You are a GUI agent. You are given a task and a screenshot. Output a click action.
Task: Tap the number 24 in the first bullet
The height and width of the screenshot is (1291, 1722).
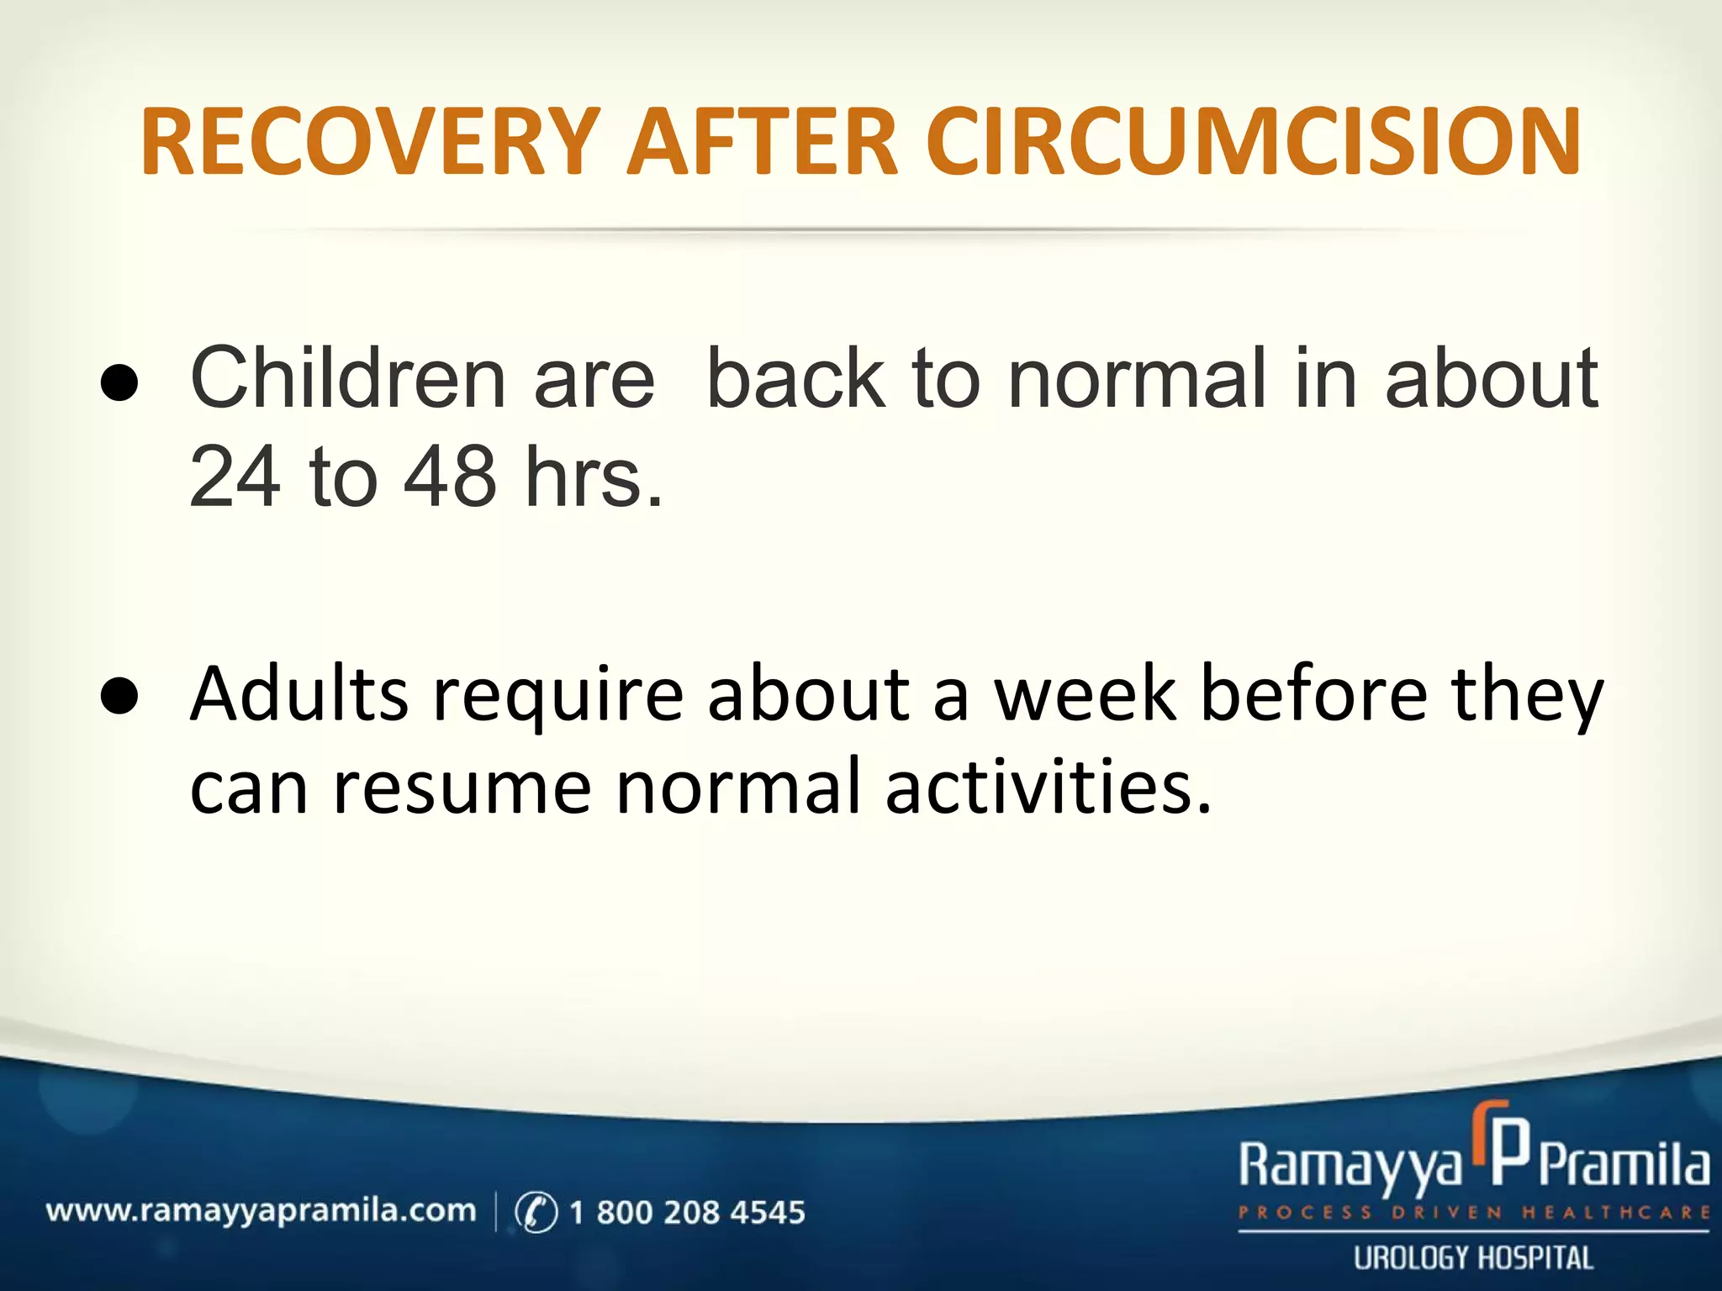(x=235, y=477)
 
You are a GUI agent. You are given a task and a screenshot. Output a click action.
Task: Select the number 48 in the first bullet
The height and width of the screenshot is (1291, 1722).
(x=451, y=477)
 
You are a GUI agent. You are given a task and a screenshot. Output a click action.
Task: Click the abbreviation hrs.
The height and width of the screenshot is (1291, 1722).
(x=594, y=477)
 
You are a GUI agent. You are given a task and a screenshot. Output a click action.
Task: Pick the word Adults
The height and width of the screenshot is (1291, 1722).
(x=299, y=694)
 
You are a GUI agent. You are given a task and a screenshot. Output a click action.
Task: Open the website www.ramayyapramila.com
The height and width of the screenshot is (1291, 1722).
(x=261, y=1211)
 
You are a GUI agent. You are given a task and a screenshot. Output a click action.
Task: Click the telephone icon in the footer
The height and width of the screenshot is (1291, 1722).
(x=536, y=1212)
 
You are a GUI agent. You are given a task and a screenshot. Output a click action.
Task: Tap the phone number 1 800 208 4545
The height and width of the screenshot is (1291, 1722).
(x=687, y=1212)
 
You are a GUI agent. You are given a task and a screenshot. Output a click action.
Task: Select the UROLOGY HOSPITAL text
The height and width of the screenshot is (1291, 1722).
(x=1473, y=1258)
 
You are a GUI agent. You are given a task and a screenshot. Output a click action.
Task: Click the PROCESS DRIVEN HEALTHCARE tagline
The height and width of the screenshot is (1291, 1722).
(x=1473, y=1212)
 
